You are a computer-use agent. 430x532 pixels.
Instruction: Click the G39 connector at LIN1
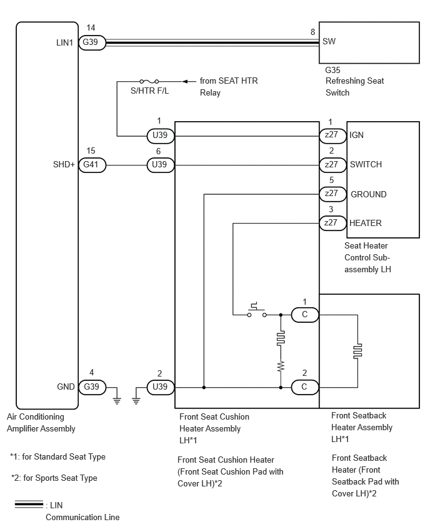point(92,42)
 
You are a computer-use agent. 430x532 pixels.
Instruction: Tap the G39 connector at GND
point(92,387)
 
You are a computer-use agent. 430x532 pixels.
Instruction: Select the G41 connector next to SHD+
point(92,165)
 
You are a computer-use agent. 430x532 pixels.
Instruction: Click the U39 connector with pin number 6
point(161,165)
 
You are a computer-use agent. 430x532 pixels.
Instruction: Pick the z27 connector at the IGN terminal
point(332,135)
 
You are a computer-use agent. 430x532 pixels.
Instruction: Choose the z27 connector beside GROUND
point(332,194)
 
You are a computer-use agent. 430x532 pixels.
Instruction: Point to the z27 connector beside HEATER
point(332,224)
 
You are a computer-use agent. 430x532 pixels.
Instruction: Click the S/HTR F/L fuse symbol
point(149,81)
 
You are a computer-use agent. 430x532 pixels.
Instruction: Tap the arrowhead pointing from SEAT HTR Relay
point(185,81)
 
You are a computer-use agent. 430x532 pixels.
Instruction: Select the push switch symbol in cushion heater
point(257,310)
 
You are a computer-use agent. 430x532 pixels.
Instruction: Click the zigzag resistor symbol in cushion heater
point(281,367)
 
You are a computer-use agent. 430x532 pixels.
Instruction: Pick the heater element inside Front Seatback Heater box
point(357,351)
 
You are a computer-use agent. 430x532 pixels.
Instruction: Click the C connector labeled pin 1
point(304,315)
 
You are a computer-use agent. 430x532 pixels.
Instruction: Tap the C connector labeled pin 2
point(304,387)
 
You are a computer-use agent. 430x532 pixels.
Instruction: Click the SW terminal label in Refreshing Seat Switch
point(329,42)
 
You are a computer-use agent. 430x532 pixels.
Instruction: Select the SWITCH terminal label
point(366,165)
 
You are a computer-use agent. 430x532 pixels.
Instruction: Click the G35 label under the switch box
point(332,70)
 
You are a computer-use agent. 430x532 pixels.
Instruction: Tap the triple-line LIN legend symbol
point(29,505)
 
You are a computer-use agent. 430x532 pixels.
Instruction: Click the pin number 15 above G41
point(91,150)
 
